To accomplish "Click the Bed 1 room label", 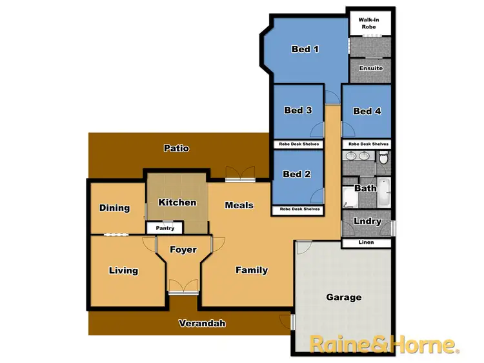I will (x=305, y=49).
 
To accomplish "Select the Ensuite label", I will (x=371, y=68).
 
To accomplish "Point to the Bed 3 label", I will (x=298, y=110).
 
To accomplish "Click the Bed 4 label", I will (x=367, y=111).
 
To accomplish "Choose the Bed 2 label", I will (x=297, y=174).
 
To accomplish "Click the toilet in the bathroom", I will (x=383, y=157).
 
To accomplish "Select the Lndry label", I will (x=367, y=221).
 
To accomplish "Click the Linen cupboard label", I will (x=366, y=242).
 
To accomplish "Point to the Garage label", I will (x=343, y=297).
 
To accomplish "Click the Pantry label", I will (x=165, y=228).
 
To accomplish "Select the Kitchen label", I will (x=177, y=202).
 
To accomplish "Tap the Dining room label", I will (x=114, y=208).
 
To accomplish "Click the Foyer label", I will (x=183, y=250).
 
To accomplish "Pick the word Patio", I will (x=176, y=148).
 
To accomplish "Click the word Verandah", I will (x=203, y=324).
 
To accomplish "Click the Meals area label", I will (x=239, y=205).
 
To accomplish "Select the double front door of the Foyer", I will (x=183, y=286).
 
